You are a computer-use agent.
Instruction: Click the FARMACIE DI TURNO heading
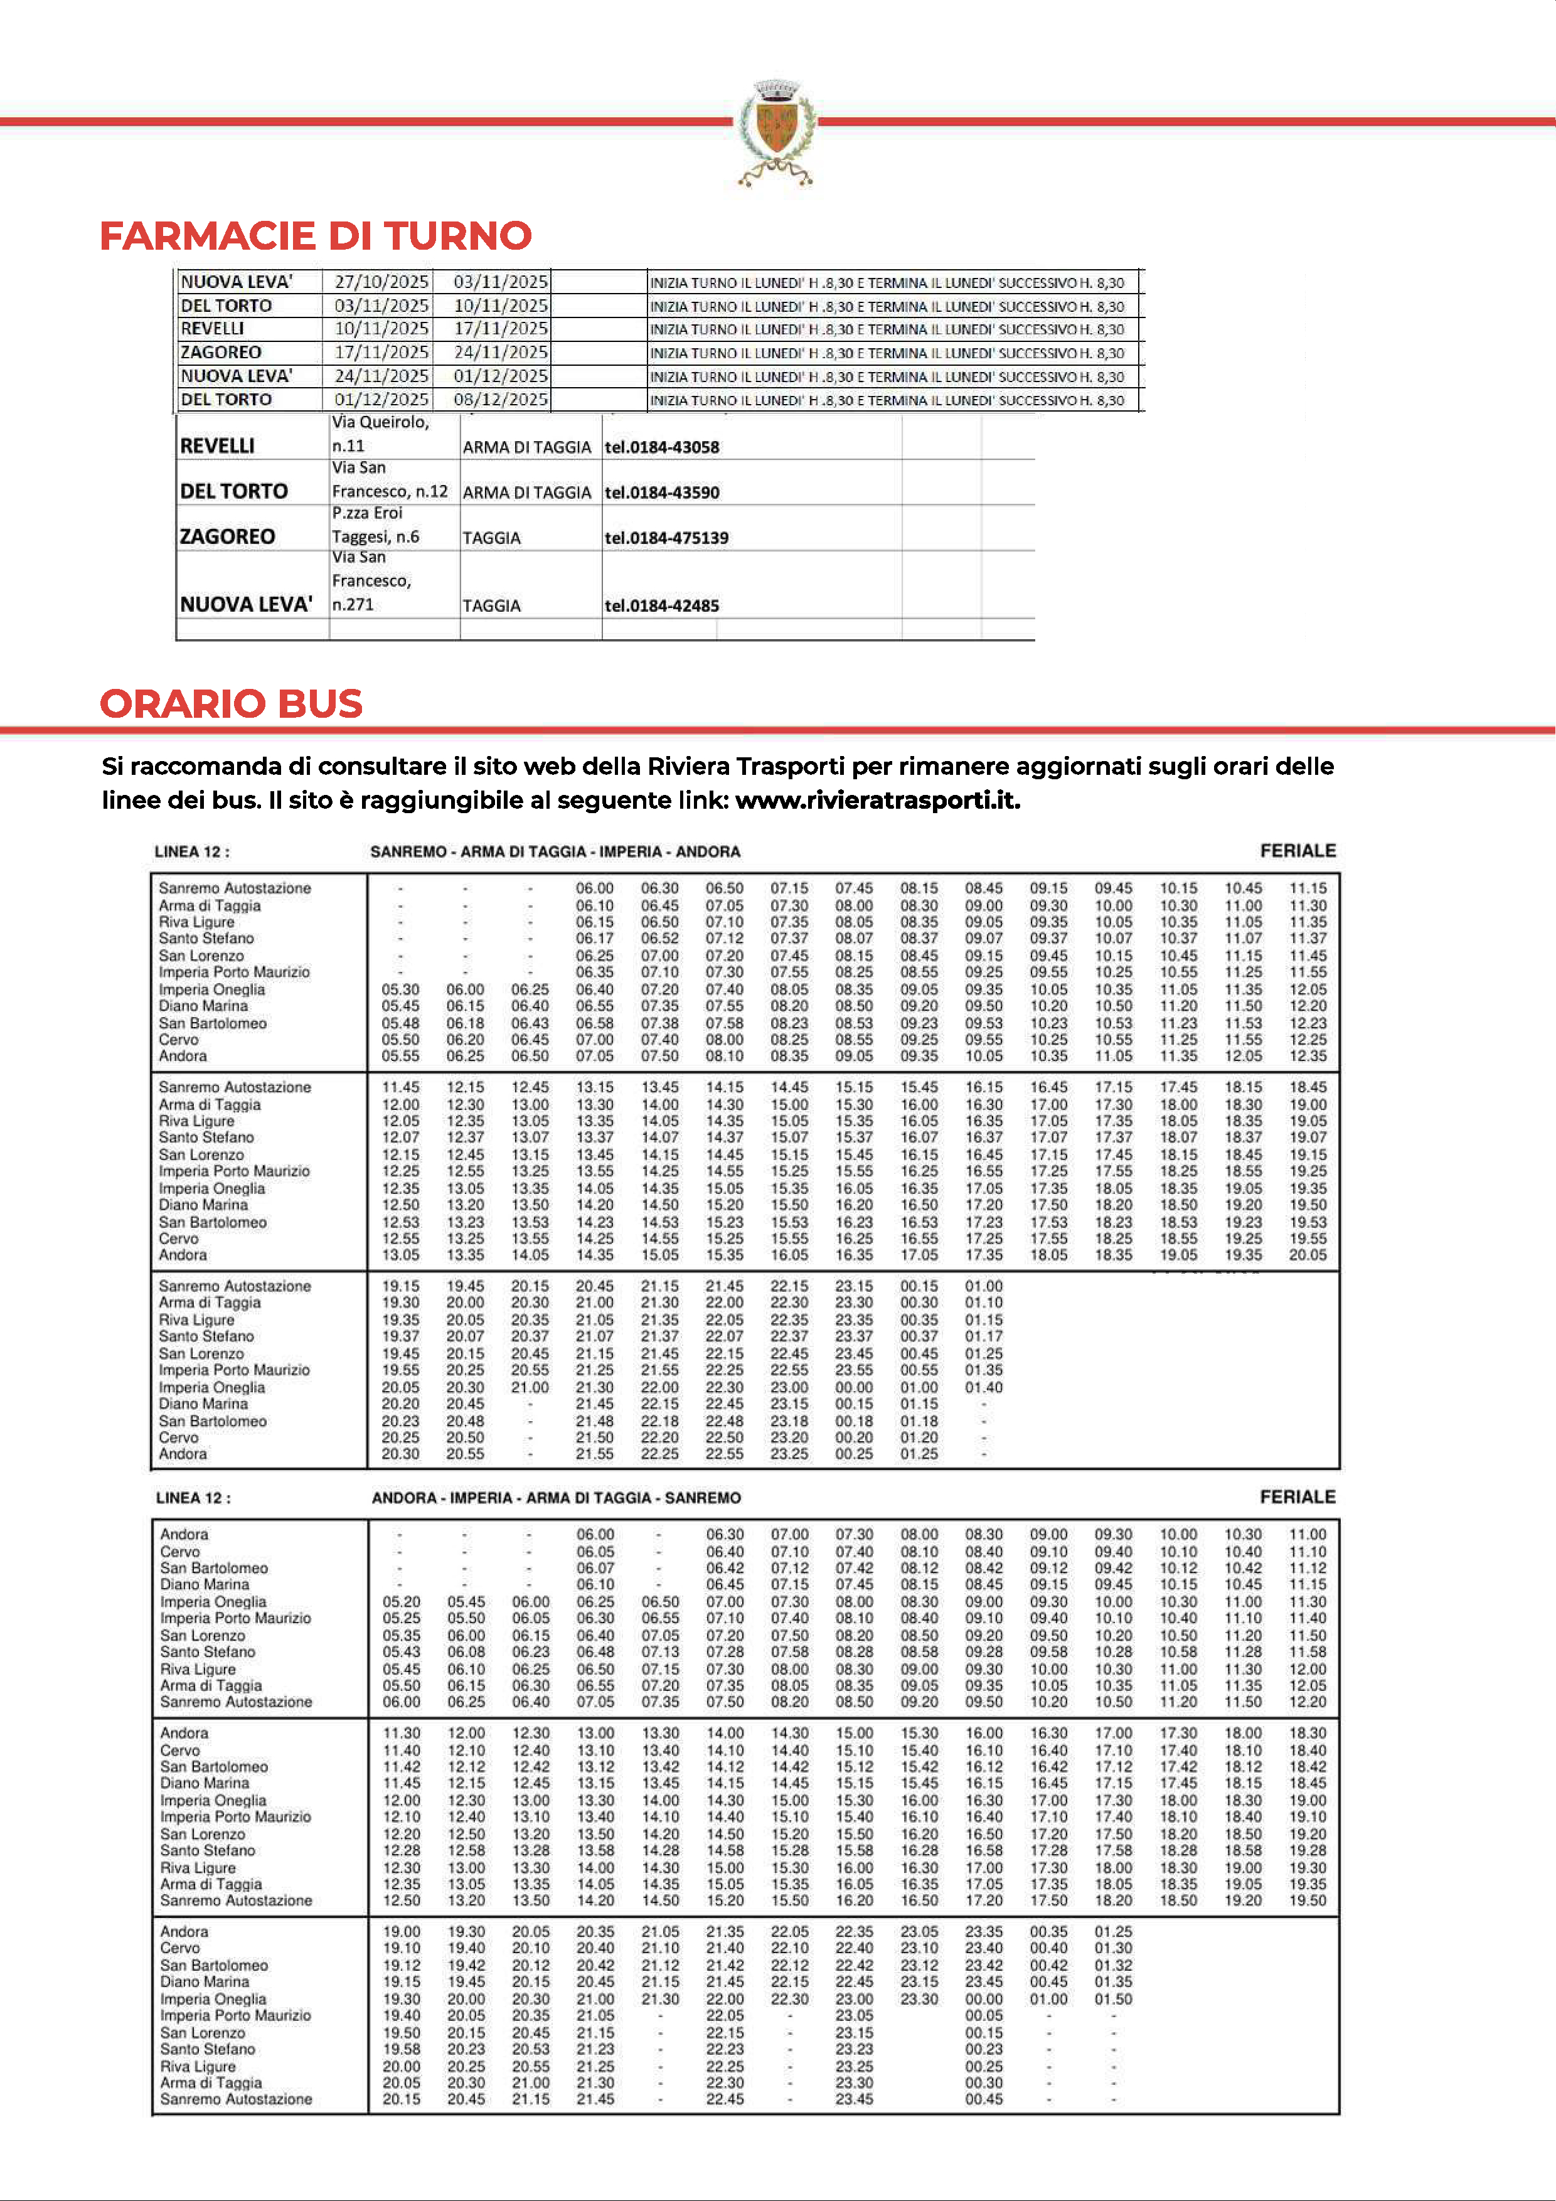click(x=316, y=236)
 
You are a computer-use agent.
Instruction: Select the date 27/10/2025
click(x=381, y=282)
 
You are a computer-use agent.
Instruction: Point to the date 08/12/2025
click(x=501, y=400)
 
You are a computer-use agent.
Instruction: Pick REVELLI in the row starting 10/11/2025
click(x=212, y=329)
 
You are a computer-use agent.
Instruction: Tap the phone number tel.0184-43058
click(x=661, y=447)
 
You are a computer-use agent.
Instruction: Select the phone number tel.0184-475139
click(x=666, y=538)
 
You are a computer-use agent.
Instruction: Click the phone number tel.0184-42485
click(x=661, y=606)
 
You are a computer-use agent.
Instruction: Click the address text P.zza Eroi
click(x=367, y=513)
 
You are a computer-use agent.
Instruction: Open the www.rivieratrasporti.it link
click(x=877, y=801)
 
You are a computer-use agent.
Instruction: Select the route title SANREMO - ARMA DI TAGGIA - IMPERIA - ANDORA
click(x=555, y=851)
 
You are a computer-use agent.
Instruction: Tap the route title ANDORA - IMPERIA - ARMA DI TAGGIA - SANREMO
click(x=556, y=1498)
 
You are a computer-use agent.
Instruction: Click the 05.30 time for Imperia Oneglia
click(x=400, y=989)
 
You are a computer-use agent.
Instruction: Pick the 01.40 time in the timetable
click(x=984, y=1387)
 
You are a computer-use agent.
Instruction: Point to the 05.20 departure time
click(x=401, y=1602)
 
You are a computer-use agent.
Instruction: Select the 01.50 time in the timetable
click(x=1113, y=2000)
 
